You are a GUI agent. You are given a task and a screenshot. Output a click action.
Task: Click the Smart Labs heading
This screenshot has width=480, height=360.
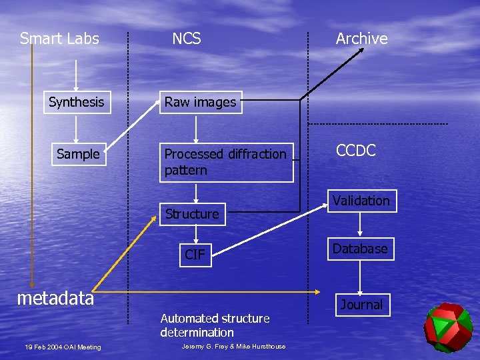click(x=59, y=39)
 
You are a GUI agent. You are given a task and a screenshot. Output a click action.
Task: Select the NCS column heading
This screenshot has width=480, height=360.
click(x=186, y=39)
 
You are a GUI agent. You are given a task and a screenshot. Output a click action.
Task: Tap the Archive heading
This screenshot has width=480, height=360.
click(x=361, y=39)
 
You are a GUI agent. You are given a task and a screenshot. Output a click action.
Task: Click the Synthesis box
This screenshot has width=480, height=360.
click(x=77, y=102)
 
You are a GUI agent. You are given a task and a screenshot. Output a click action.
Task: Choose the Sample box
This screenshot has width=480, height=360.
click(x=78, y=154)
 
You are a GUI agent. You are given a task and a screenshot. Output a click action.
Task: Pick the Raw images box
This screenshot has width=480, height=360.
click(x=200, y=102)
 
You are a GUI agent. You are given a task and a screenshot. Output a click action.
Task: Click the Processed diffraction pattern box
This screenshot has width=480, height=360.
click(x=225, y=162)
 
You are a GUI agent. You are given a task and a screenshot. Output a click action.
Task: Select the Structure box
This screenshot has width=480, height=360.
click(x=192, y=214)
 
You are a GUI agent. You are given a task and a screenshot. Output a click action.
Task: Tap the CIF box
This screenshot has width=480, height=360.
click(x=195, y=254)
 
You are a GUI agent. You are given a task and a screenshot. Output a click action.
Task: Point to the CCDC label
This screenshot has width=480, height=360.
click(x=356, y=150)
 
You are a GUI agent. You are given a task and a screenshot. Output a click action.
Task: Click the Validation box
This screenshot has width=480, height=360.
click(x=361, y=201)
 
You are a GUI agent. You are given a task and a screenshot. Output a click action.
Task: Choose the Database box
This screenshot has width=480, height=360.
click(x=360, y=249)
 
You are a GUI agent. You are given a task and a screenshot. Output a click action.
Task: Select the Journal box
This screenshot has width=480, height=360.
click(x=361, y=305)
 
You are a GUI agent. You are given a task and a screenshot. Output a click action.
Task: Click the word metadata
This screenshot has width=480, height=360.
click(x=55, y=298)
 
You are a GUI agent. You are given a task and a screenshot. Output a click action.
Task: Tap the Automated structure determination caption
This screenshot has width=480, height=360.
click(x=215, y=325)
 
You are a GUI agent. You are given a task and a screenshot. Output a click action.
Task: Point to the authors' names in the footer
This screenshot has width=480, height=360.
click(x=233, y=347)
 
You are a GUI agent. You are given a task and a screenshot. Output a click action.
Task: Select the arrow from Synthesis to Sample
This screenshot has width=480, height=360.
click(x=77, y=128)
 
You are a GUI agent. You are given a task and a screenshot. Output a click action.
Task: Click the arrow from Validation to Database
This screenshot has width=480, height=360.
click(x=361, y=225)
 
